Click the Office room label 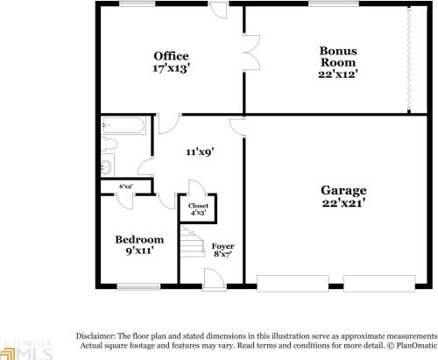172,56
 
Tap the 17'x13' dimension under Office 172,67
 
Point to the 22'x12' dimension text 337,74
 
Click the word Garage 343,190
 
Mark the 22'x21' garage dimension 343,202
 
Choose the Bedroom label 139,239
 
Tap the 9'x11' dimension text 139,251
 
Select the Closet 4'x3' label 199,208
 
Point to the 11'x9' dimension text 200,151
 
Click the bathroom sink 106,166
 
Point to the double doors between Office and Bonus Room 252,55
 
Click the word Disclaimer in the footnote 99,335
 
